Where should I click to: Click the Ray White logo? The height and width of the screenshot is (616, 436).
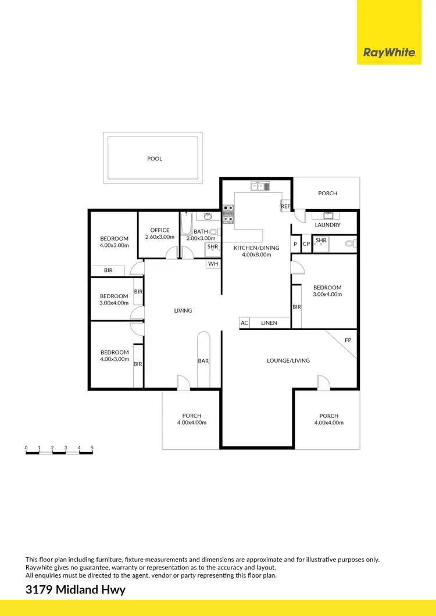click(389, 53)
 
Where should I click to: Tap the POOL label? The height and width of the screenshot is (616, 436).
click(155, 159)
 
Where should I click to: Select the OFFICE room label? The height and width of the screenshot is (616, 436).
click(160, 230)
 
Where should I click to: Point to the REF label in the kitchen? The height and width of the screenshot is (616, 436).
click(285, 206)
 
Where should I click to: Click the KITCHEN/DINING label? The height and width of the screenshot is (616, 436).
click(256, 248)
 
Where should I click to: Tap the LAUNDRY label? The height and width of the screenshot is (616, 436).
click(327, 225)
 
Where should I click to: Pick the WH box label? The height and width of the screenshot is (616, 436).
click(213, 264)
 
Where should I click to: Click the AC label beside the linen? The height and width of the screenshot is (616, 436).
click(245, 323)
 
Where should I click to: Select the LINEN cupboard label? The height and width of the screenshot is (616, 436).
click(269, 323)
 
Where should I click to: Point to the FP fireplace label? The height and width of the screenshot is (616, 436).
click(348, 339)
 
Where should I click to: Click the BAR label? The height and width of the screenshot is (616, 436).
click(203, 361)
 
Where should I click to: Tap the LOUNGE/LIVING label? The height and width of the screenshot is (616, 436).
click(288, 360)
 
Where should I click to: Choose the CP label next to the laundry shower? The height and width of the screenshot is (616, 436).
click(306, 244)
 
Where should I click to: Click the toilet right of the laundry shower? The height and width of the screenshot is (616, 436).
click(350, 243)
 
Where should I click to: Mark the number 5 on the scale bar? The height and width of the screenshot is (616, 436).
click(92, 447)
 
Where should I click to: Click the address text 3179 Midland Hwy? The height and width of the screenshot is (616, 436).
click(76, 590)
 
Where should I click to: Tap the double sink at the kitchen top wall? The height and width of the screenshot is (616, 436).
click(261, 187)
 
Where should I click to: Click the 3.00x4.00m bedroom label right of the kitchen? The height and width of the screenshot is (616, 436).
click(327, 291)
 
